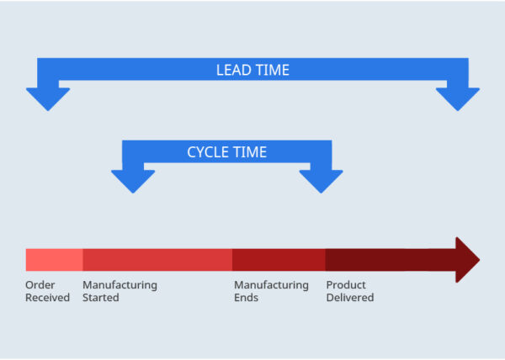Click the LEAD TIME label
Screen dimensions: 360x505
click(x=252, y=71)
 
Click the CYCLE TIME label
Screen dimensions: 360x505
click(x=226, y=152)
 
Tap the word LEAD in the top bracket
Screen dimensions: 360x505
click(x=232, y=71)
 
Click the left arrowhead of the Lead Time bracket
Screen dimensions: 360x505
click(x=48, y=97)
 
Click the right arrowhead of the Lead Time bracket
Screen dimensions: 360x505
click(x=457, y=97)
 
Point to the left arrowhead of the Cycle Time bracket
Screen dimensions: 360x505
click(x=133, y=179)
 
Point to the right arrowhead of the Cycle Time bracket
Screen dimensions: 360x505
click(x=321, y=179)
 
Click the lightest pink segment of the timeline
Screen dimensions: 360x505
click(x=54, y=259)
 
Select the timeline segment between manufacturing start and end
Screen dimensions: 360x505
click(x=157, y=259)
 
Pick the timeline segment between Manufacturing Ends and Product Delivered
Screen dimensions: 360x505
click(x=279, y=259)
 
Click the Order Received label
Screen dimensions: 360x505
click(x=47, y=291)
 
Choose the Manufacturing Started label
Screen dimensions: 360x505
click(x=120, y=291)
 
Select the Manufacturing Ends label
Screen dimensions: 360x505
click(x=271, y=291)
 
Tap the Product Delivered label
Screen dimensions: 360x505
click(x=349, y=291)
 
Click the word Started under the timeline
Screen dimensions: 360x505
click(x=101, y=298)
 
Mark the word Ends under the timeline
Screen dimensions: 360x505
click(x=246, y=298)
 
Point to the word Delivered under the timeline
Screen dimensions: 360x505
click(x=349, y=298)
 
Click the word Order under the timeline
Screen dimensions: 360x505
click(x=40, y=285)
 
